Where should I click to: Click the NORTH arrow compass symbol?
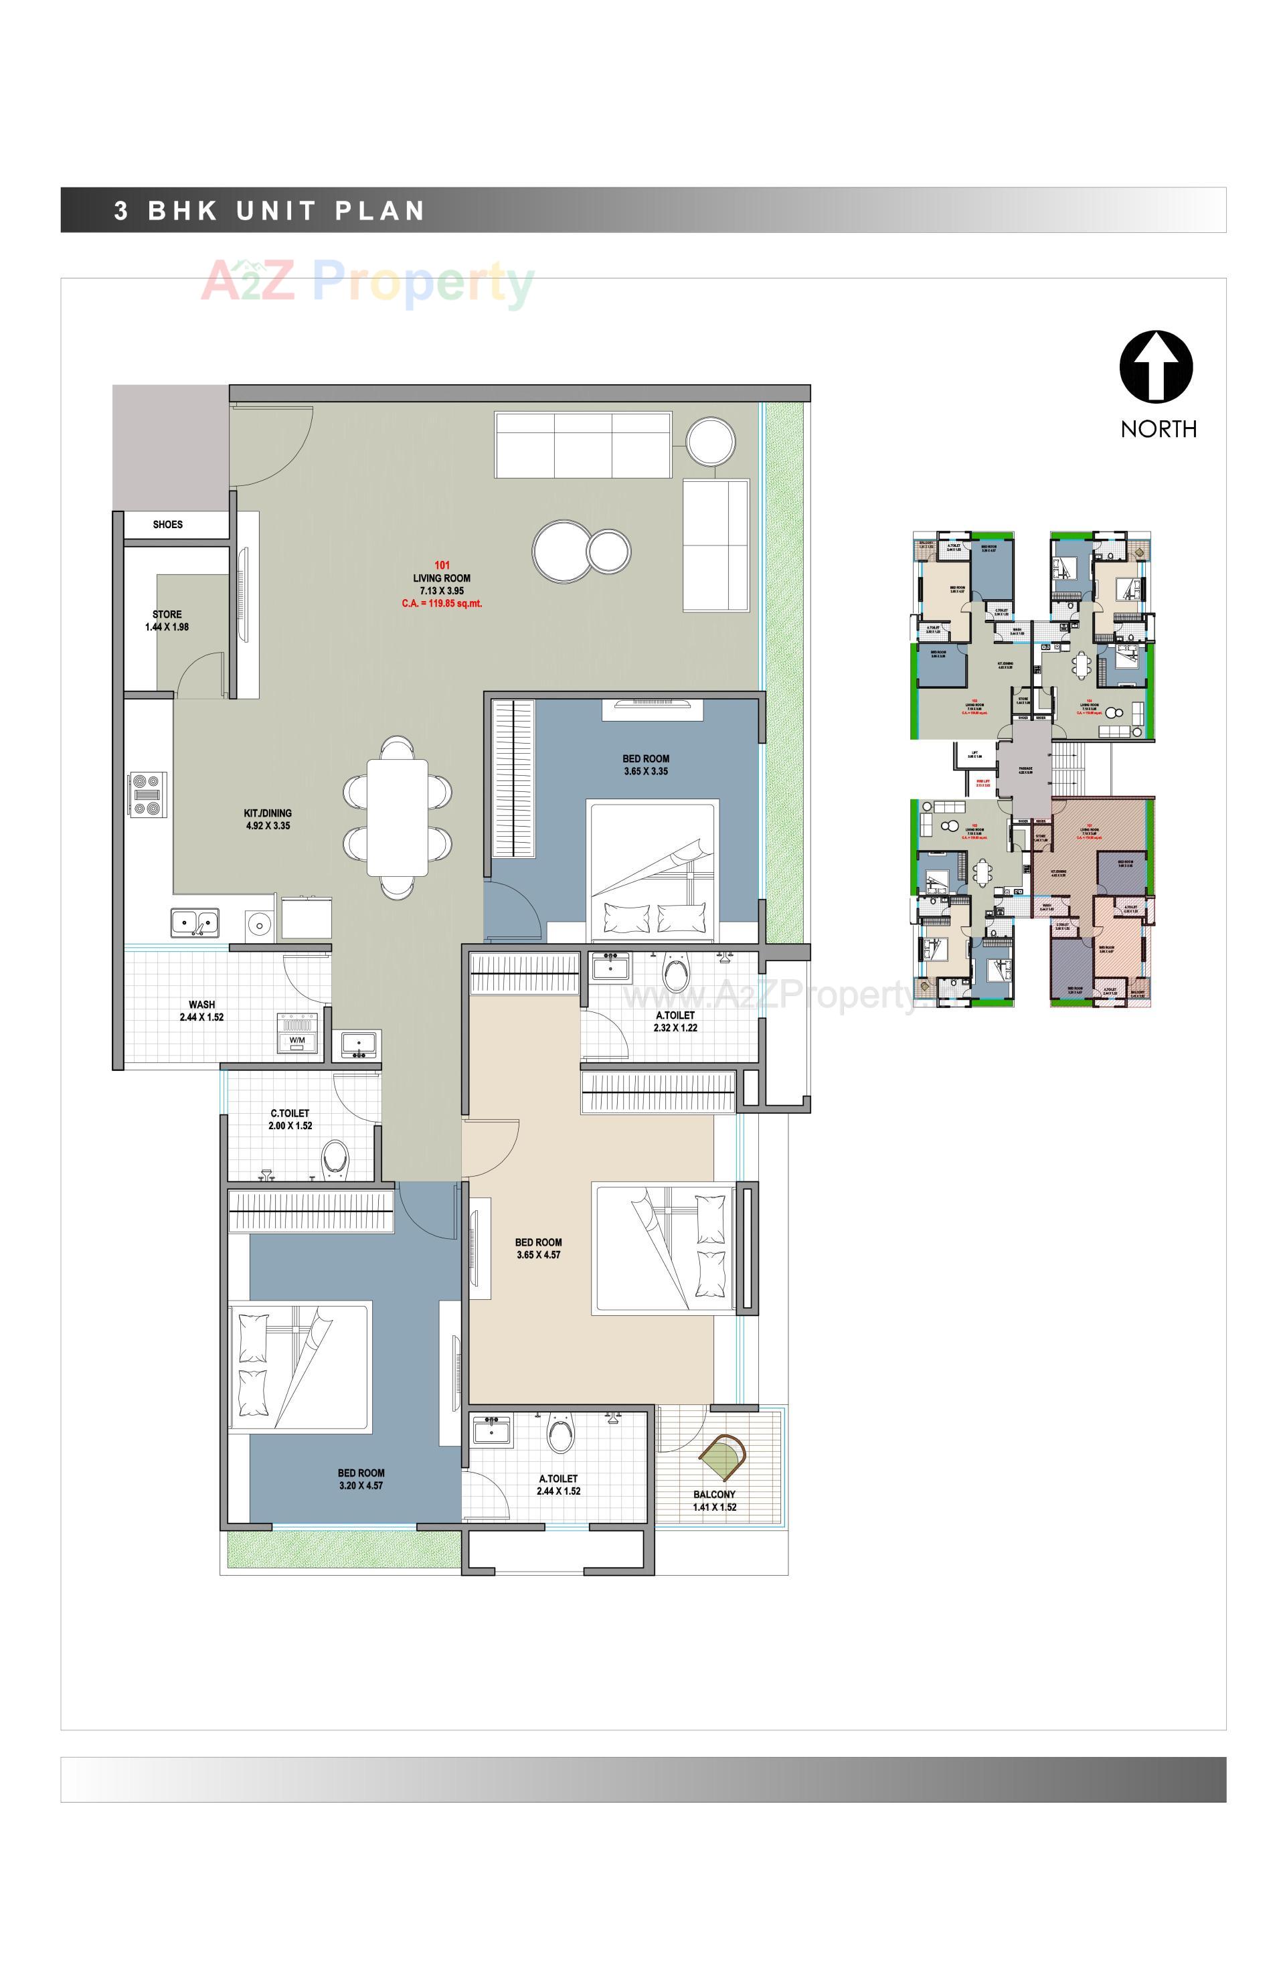point(1156,366)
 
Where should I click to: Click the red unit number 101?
point(442,566)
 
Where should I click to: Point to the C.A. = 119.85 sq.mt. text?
point(442,603)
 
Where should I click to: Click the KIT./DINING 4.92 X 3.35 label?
point(268,819)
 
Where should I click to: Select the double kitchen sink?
point(195,922)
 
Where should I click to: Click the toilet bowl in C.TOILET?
point(335,1159)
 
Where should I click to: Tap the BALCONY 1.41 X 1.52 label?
point(714,1500)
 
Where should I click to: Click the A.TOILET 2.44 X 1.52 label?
point(558,1485)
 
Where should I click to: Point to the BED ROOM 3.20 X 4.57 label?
point(361,1479)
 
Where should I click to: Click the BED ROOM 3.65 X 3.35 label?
point(646,765)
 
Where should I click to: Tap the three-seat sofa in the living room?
point(582,444)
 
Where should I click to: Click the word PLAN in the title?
point(381,210)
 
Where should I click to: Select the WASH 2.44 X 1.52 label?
point(202,1011)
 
